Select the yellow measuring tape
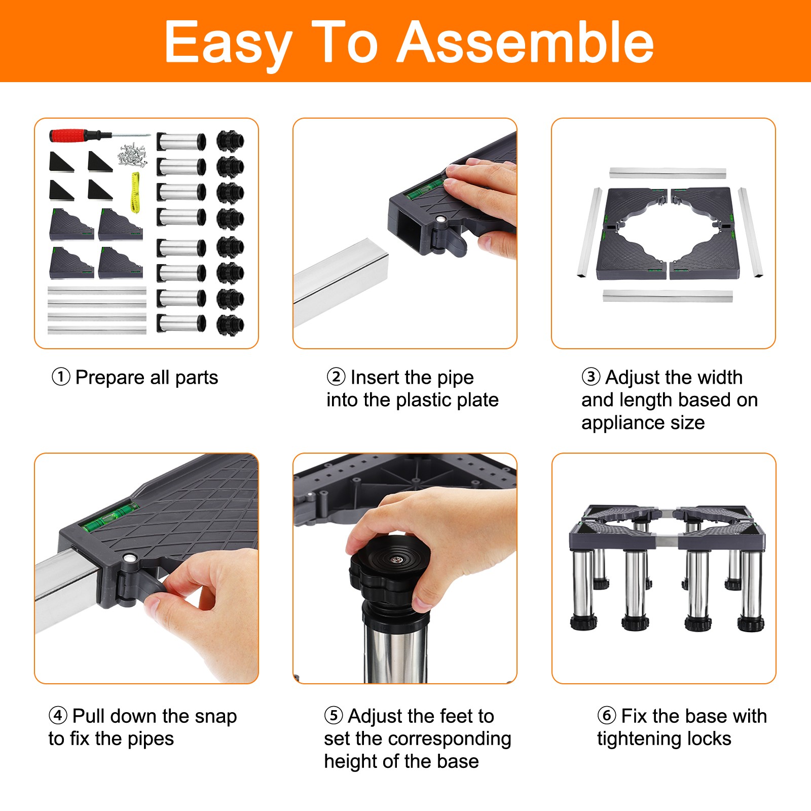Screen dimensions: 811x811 [x=135, y=192]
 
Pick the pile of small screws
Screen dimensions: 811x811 [x=133, y=155]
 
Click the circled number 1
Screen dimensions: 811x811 [x=61, y=377]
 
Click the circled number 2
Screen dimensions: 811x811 [x=336, y=377]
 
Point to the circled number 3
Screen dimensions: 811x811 [x=591, y=377]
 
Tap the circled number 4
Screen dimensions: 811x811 [x=58, y=716]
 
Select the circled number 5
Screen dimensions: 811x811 [x=334, y=716]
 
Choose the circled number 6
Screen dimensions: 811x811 [x=607, y=716]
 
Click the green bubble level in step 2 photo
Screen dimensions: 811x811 [x=426, y=187]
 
